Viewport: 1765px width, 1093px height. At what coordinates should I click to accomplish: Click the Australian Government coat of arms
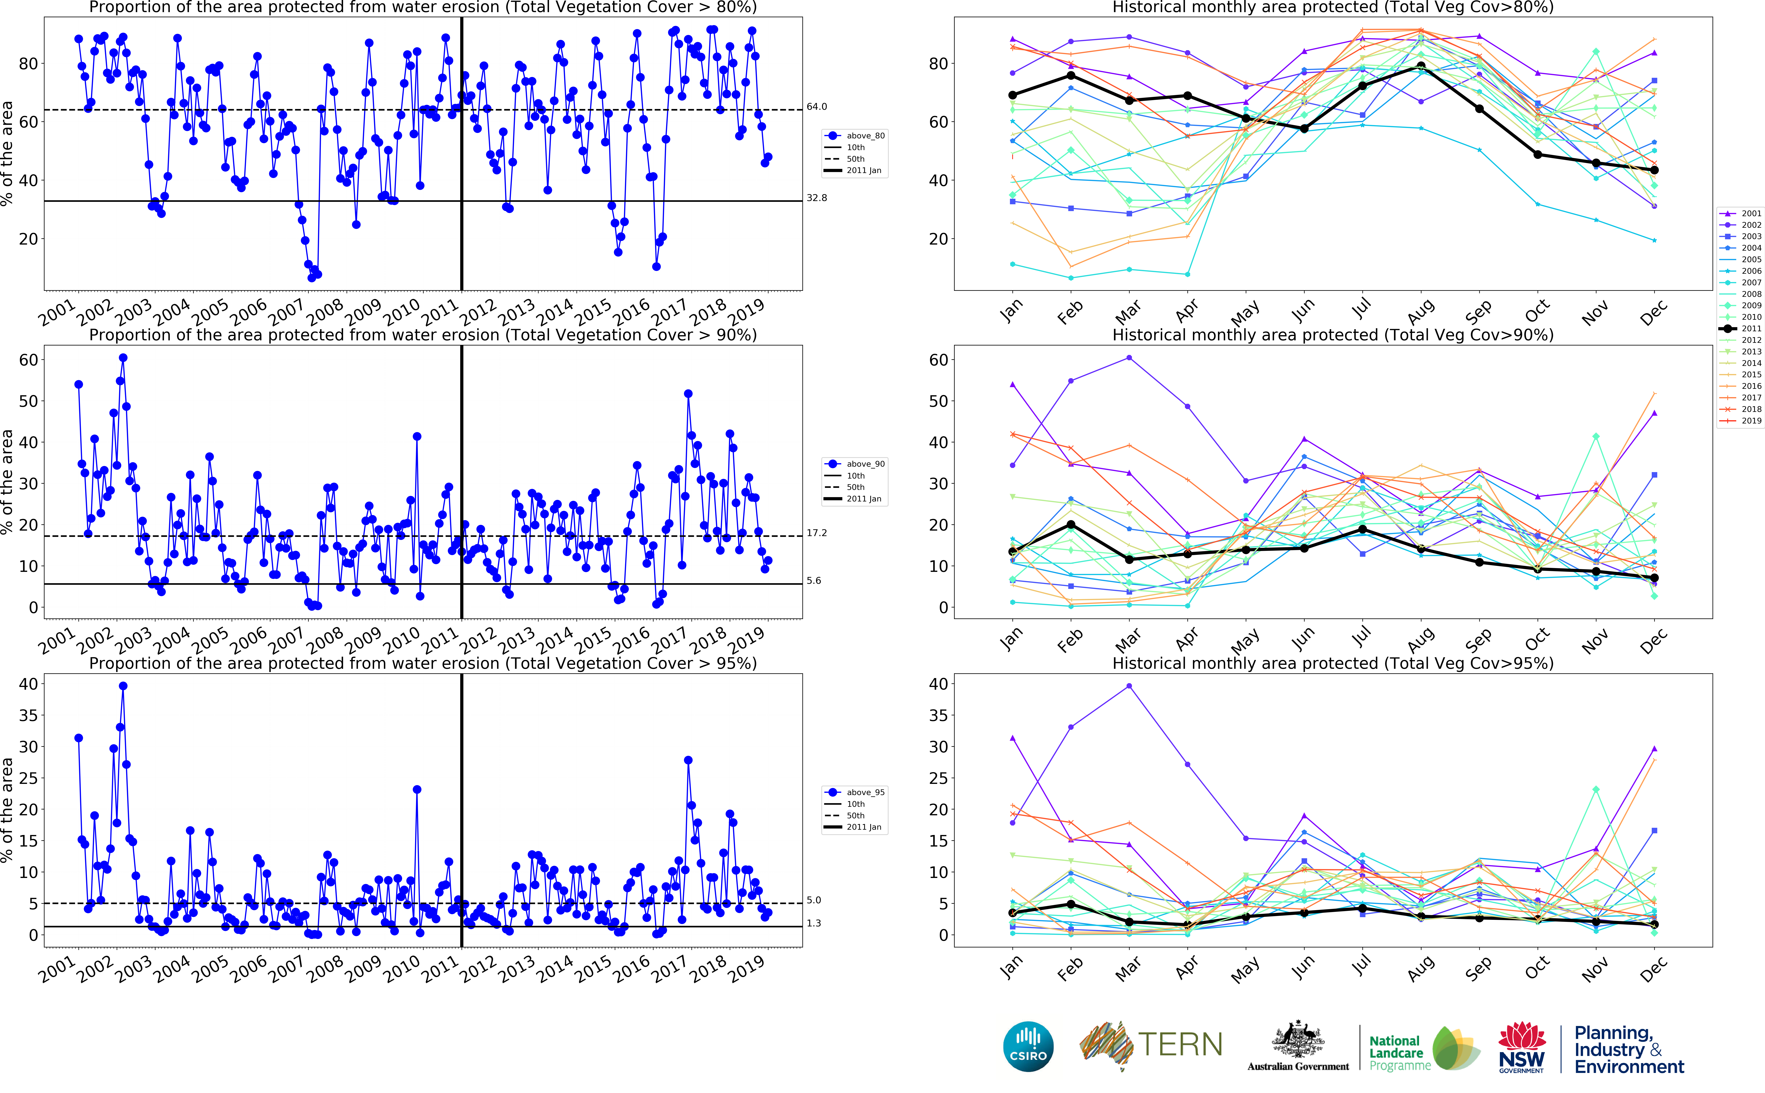(x=1298, y=1041)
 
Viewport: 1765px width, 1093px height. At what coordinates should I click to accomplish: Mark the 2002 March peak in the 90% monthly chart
(x=1129, y=358)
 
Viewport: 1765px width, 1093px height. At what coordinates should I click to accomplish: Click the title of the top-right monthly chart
(x=1333, y=7)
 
